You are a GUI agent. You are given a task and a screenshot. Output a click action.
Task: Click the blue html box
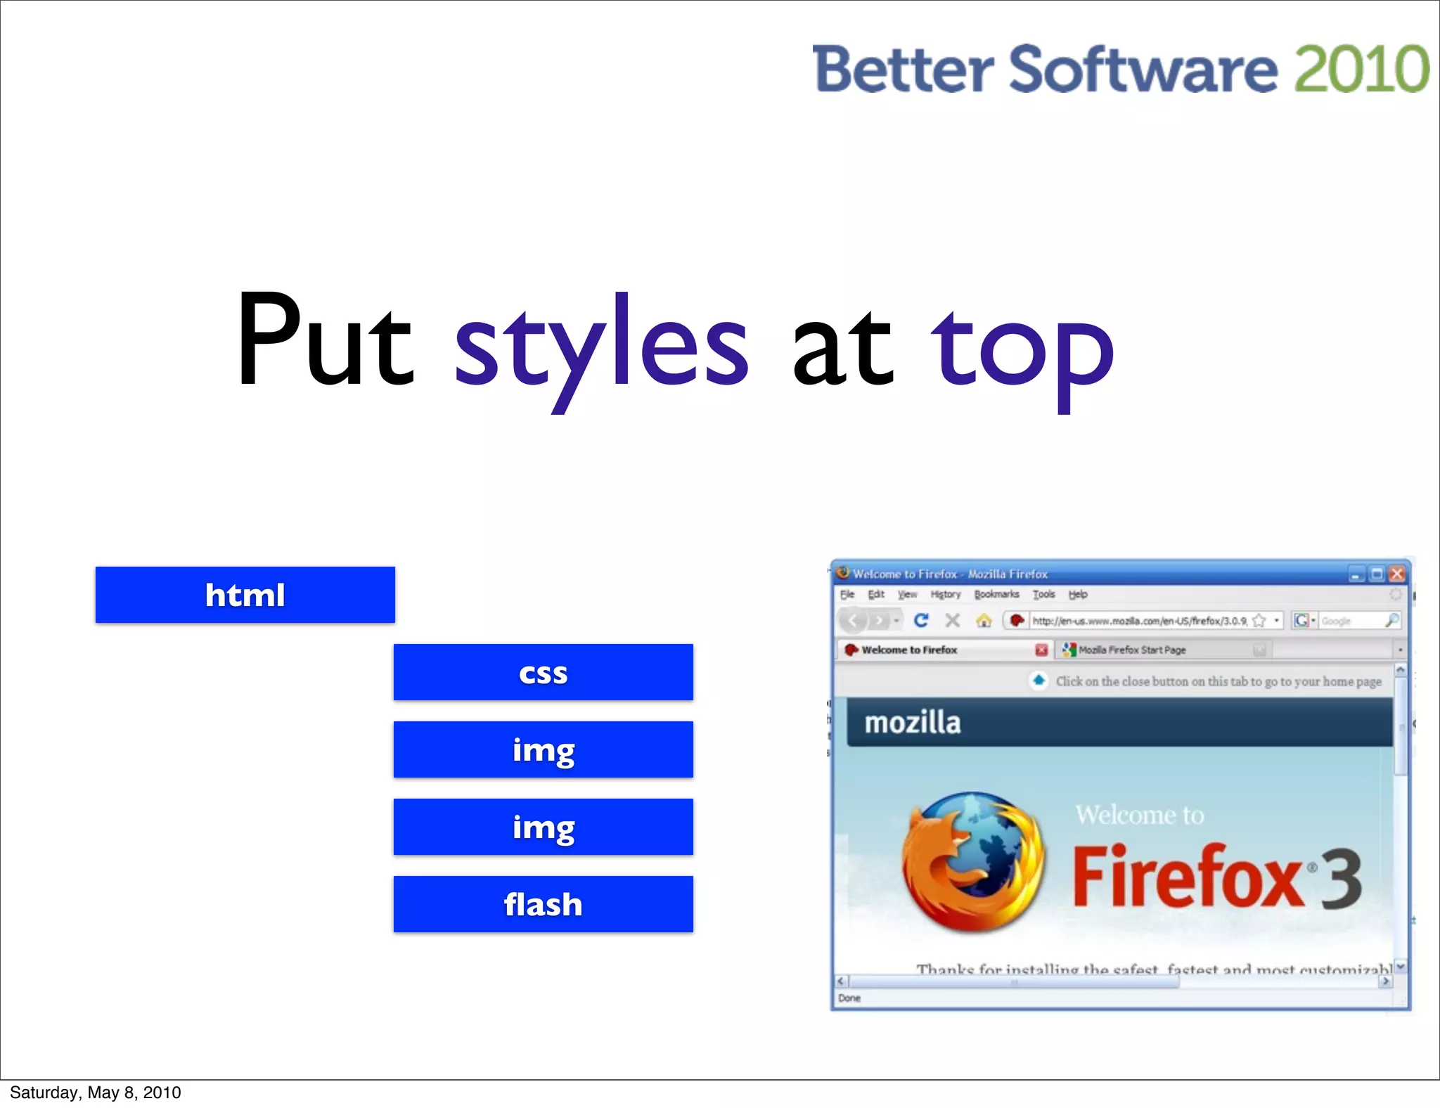245,595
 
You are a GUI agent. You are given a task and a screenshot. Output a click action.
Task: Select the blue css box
543,672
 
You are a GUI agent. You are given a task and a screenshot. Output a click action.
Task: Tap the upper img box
543,749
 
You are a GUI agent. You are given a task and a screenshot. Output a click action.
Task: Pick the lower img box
543,827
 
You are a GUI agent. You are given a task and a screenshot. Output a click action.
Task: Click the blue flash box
543,904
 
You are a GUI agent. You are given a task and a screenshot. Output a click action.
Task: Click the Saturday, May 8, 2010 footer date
95,1093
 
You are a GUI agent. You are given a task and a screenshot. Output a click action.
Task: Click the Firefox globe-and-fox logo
972,862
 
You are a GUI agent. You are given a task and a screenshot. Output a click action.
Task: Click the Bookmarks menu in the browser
996,594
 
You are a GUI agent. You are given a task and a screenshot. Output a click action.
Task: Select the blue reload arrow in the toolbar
921,620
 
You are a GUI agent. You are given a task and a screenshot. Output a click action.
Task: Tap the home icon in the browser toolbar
984,620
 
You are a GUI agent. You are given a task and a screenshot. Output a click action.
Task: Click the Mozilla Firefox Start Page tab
1132,650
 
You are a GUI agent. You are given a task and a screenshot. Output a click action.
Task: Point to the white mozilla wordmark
912,723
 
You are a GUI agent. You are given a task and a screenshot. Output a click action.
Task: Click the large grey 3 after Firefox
1340,879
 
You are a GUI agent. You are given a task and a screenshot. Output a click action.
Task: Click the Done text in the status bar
849,998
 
